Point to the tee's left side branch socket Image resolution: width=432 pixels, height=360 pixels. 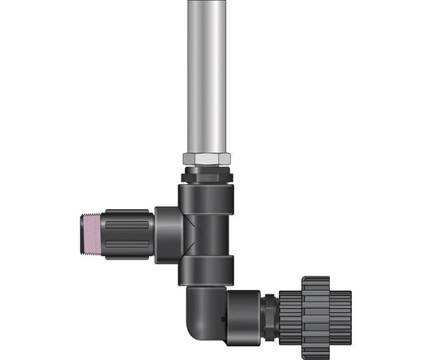pos(168,234)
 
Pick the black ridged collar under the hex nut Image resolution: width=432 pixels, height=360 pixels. pos(207,174)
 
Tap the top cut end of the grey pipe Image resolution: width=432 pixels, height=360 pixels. pos(207,3)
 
